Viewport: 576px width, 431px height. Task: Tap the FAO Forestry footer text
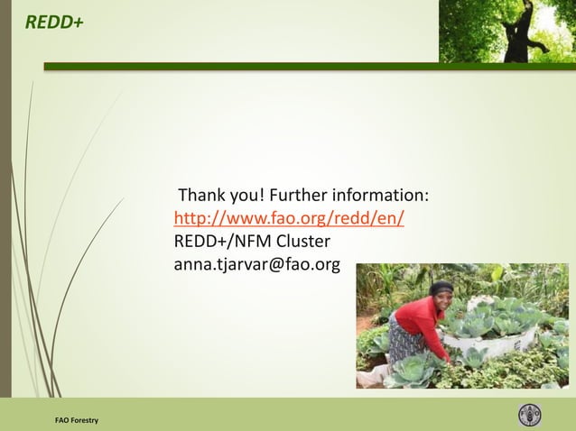coord(77,421)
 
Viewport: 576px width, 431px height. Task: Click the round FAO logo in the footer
coord(530,416)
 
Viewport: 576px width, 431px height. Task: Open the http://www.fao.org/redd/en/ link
coord(289,219)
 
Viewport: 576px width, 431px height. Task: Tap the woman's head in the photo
coord(441,295)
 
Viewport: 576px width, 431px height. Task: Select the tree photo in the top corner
coord(506,31)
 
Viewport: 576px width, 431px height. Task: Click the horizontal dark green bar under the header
coord(307,66)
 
